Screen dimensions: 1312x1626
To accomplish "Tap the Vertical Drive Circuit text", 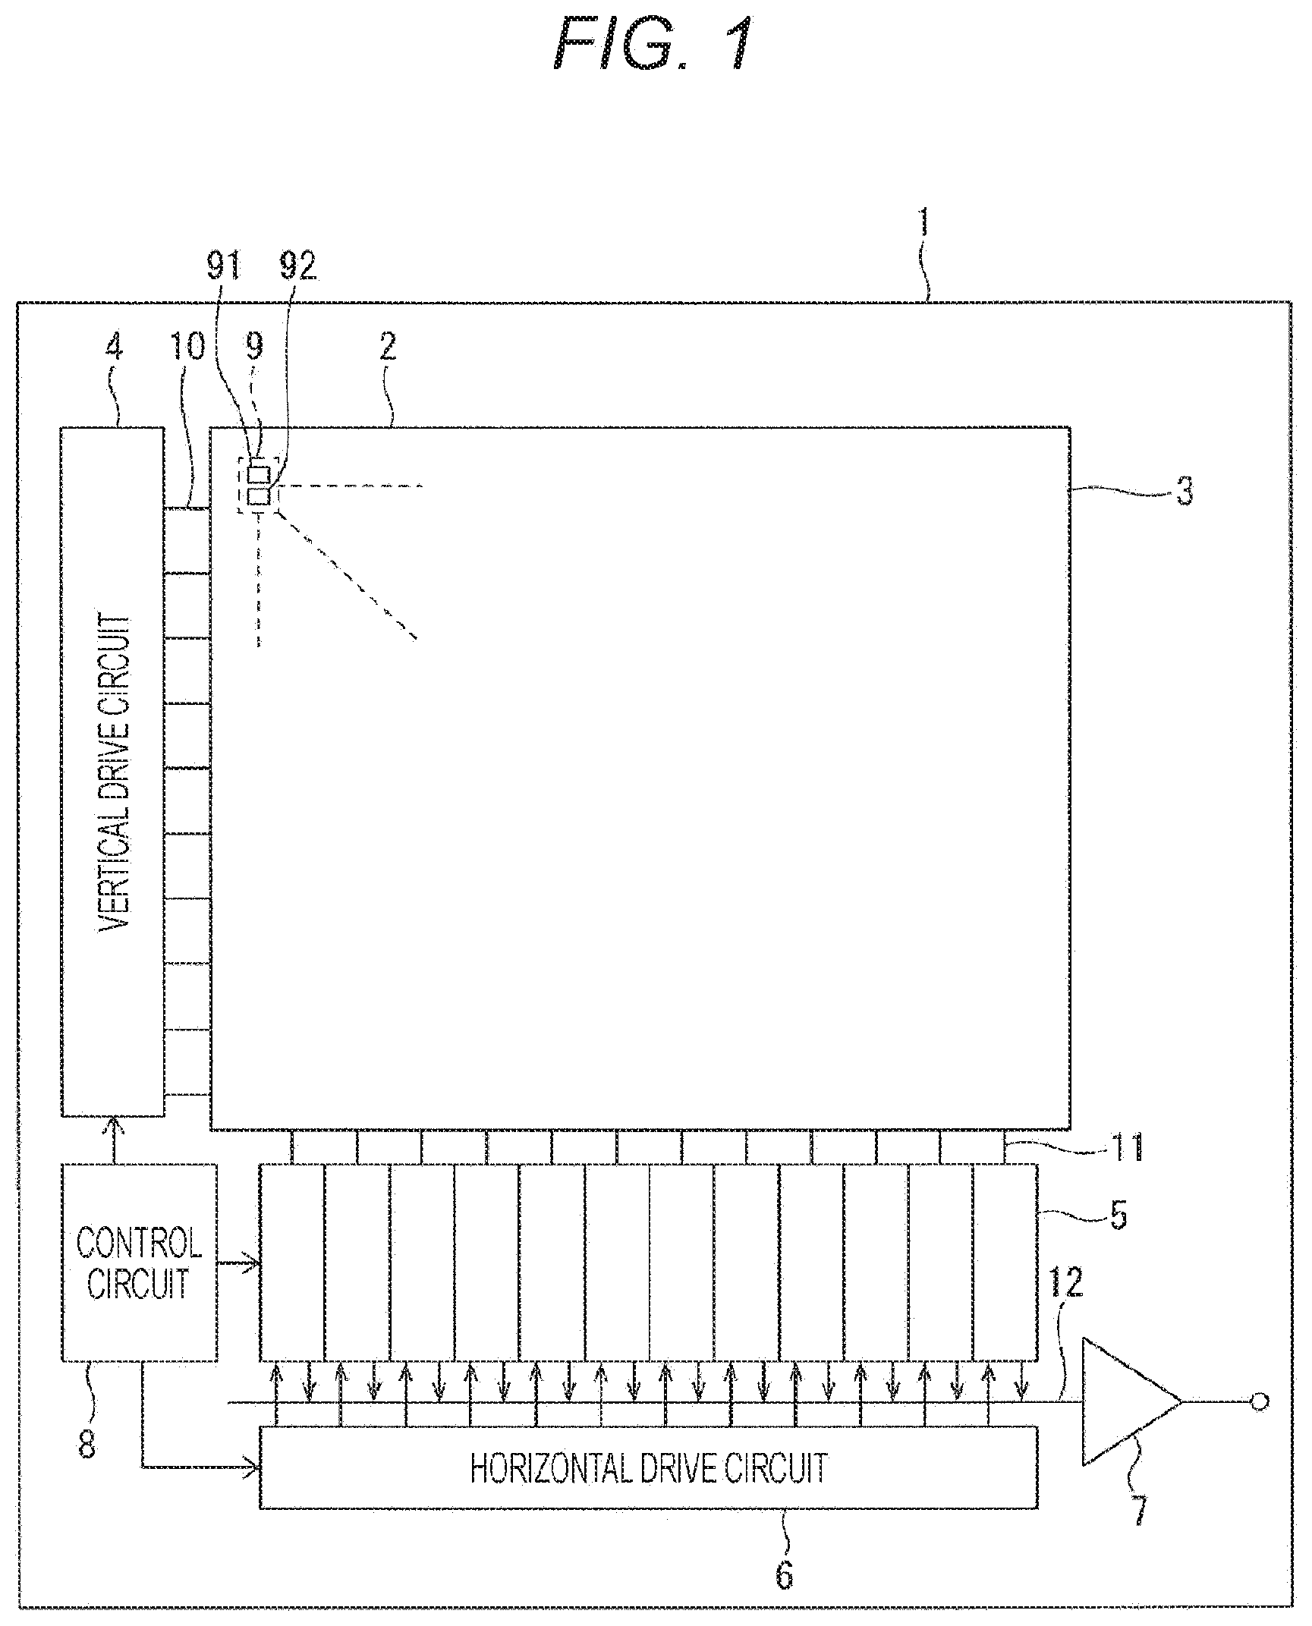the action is [115, 771].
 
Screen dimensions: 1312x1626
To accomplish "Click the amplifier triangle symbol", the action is [1131, 1401].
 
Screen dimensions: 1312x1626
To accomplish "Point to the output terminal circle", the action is [1260, 1401].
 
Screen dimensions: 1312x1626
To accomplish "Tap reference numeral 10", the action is [187, 348].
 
